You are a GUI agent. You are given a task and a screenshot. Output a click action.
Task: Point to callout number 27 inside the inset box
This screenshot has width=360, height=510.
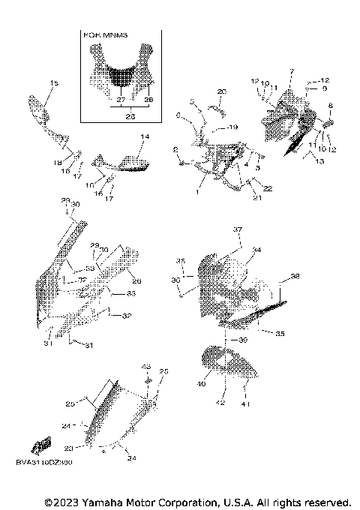coord(120,99)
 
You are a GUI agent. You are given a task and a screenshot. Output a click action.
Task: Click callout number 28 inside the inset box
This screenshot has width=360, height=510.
coord(148,99)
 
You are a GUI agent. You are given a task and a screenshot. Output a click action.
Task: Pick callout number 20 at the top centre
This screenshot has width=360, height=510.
coord(221,91)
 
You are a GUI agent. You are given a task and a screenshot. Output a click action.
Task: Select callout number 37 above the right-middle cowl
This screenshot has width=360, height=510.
coord(236,229)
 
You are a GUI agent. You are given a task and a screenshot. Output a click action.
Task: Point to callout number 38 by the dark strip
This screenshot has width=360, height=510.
coord(295,277)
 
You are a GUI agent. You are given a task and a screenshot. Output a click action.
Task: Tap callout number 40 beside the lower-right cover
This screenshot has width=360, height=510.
coord(201,384)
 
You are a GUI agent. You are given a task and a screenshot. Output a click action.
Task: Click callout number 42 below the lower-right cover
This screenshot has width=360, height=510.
coord(220,403)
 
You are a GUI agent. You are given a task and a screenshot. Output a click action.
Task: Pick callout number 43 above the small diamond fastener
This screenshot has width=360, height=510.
coord(146,366)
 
